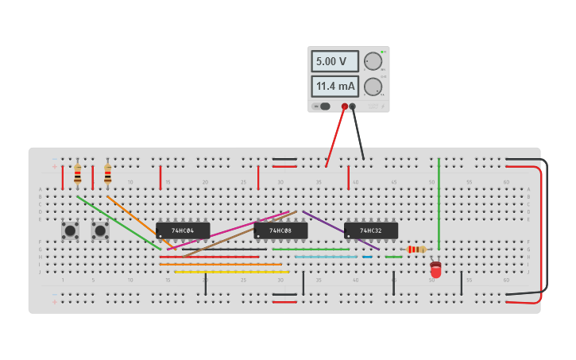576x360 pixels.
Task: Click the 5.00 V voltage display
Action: [334, 61]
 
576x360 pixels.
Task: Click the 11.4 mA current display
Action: [334, 86]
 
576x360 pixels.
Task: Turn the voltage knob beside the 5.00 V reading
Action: [373, 61]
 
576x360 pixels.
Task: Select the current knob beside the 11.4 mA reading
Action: [373, 87]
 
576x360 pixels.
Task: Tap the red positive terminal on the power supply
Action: [345, 106]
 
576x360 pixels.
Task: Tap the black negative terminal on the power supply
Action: [353, 106]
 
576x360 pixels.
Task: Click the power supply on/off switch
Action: [323, 106]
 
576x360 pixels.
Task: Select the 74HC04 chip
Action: [183, 230]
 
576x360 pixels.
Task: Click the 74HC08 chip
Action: [280, 230]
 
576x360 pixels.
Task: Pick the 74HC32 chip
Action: [370, 230]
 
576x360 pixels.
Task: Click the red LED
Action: [436, 269]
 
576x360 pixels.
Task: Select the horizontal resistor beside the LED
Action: [416, 250]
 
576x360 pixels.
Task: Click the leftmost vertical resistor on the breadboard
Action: [77, 174]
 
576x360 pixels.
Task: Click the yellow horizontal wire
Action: [230, 272]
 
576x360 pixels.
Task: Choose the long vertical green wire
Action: [439, 203]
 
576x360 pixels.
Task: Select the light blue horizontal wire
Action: [326, 257]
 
